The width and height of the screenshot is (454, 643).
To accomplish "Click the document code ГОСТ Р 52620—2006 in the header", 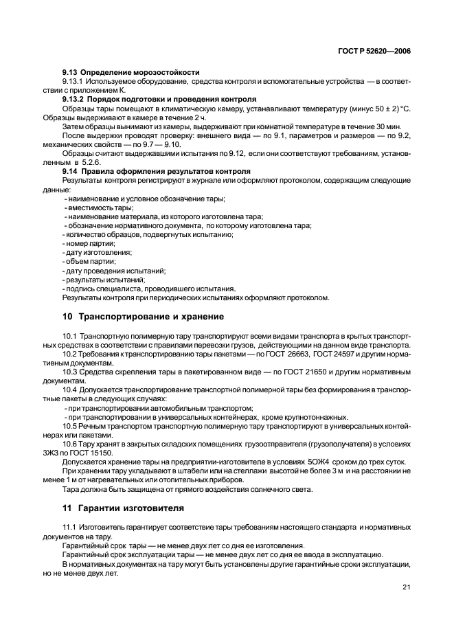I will [378, 50].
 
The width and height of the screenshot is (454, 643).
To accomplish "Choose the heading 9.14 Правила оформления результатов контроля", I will [156, 170].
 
